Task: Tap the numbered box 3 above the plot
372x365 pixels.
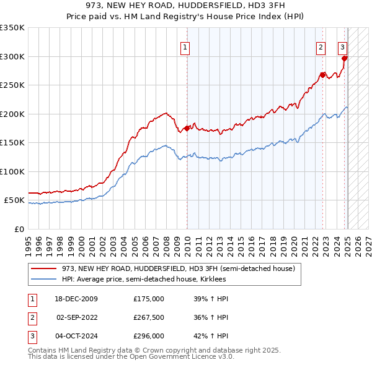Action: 342,47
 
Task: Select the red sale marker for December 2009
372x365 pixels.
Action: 187,128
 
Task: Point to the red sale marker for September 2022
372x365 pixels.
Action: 323,75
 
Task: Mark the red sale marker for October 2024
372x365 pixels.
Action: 345,58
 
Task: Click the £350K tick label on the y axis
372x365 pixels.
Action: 12,28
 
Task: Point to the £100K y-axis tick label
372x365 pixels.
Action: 12,171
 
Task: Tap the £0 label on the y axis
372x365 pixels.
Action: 19,229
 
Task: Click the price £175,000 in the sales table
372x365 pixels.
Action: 149,299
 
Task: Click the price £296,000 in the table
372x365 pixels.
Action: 149,336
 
